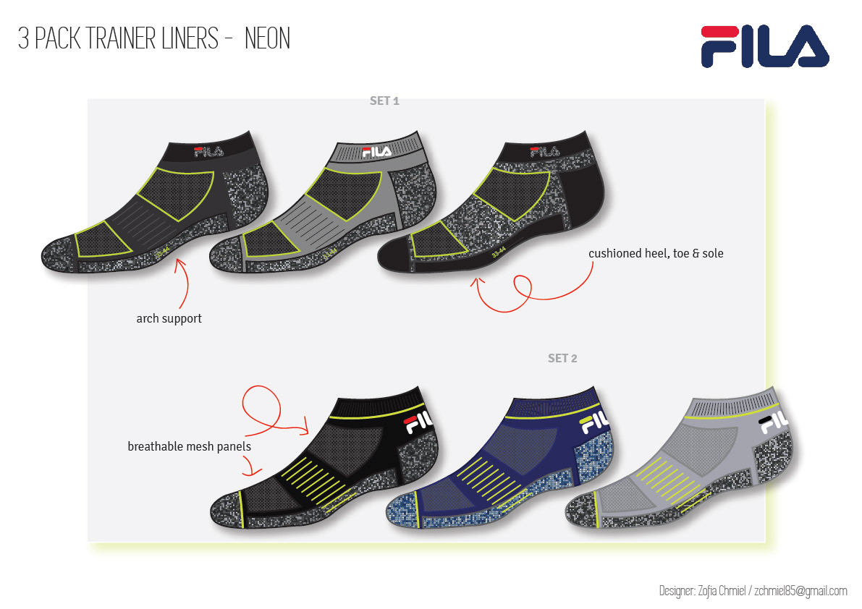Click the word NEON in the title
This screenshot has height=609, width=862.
(267, 39)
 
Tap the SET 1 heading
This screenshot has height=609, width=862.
(384, 101)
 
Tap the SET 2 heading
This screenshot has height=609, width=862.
(562, 358)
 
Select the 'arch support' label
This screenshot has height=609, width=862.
(169, 318)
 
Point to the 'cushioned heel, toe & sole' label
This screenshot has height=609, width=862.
(656, 253)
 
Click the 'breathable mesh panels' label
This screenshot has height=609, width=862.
(189, 446)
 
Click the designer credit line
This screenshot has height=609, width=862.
(753, 591)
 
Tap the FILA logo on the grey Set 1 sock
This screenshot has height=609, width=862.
(376, 152)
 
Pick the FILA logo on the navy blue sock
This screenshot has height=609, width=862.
(594, 421)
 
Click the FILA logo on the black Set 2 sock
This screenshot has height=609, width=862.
(419, 422)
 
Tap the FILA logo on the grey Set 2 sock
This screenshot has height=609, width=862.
(774, 421)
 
